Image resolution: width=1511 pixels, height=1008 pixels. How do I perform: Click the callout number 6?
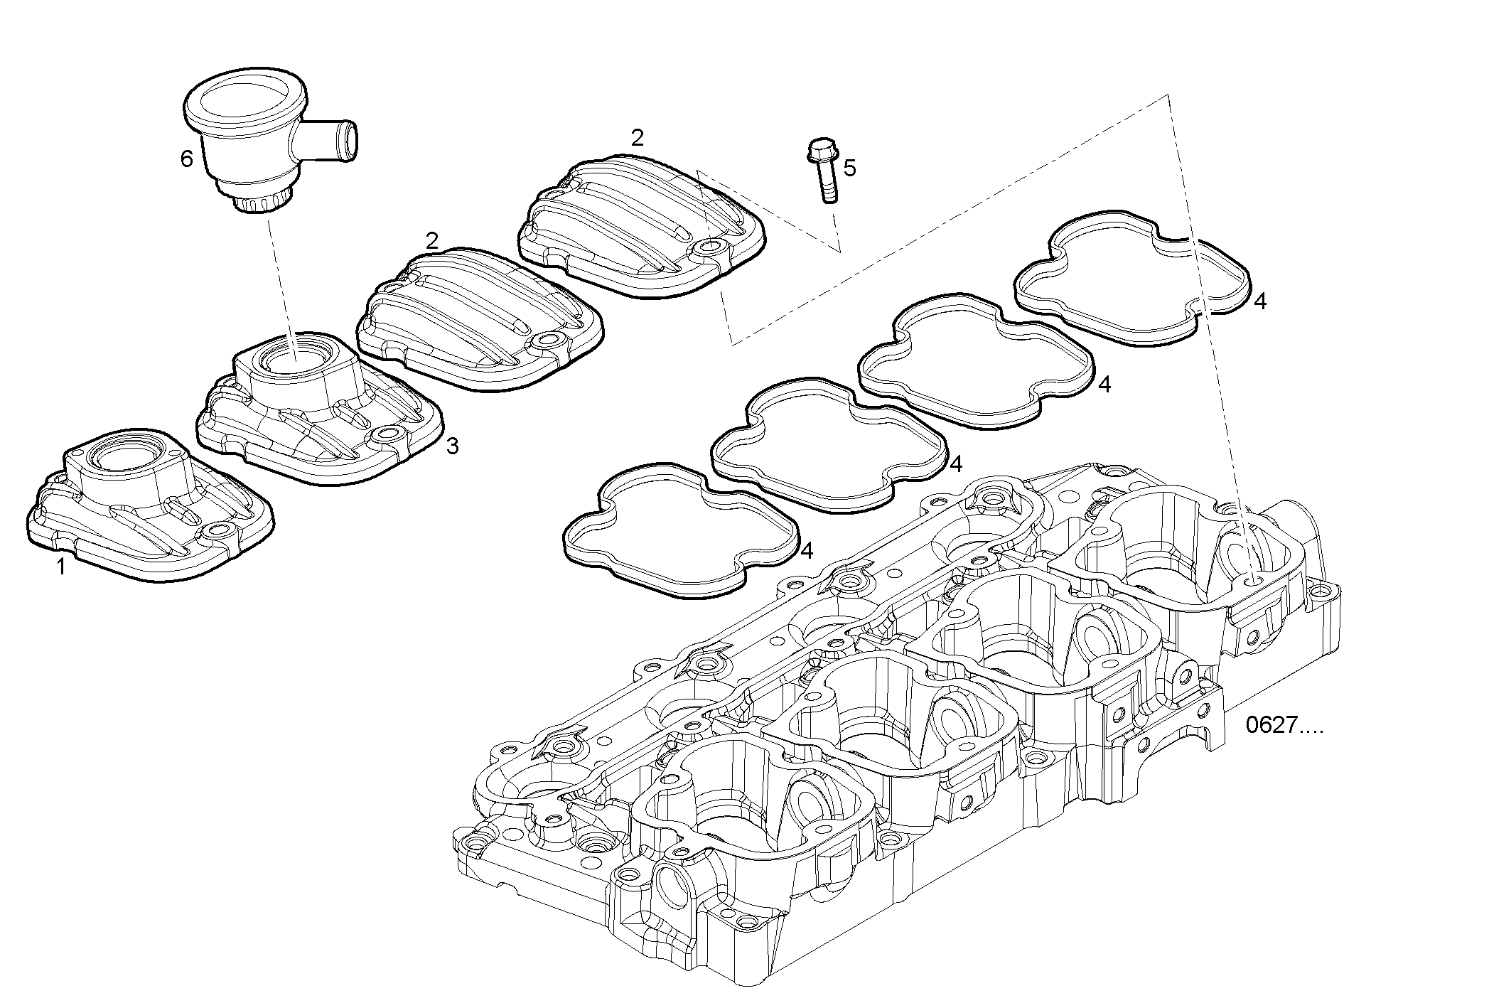coord(186,159)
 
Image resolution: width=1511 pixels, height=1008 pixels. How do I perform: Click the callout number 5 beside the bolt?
coord(849,168)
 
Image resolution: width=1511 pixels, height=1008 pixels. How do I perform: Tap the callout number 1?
coord(61,567)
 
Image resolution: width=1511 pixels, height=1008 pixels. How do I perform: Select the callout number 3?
coord(452,446)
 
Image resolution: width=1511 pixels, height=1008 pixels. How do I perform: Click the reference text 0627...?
coord(1284,726)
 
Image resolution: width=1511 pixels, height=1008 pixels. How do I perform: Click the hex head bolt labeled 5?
coord(825,168)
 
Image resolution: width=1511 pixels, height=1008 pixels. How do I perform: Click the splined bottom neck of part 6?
coord(263,202)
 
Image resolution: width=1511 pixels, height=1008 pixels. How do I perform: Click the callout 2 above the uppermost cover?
coord(638,138)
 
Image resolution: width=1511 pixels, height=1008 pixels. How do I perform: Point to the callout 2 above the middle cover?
coord(431,240)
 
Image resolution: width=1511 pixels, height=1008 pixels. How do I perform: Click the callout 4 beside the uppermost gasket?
coord(1259,301)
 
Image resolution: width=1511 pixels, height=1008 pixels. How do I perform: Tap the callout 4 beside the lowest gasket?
coord(806,551)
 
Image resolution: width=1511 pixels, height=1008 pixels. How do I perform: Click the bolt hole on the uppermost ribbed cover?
coord(708,248)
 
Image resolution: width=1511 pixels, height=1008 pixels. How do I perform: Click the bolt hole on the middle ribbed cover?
coord(548,341)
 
